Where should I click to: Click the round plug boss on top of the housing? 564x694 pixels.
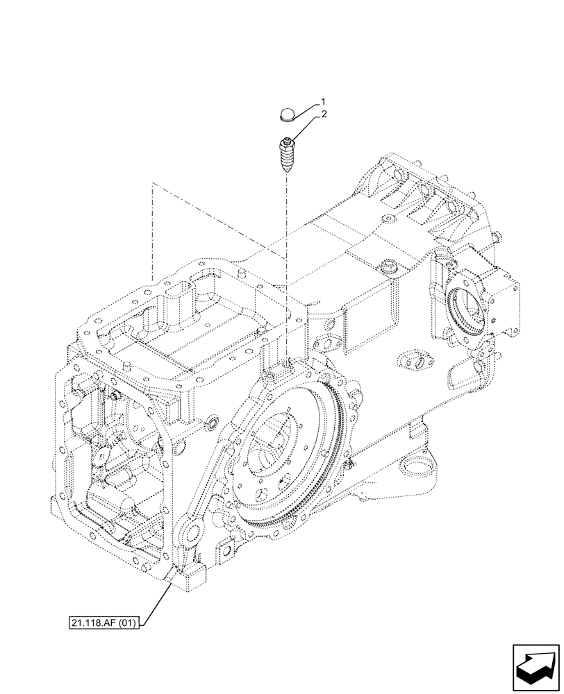click(x=386, y=268)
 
